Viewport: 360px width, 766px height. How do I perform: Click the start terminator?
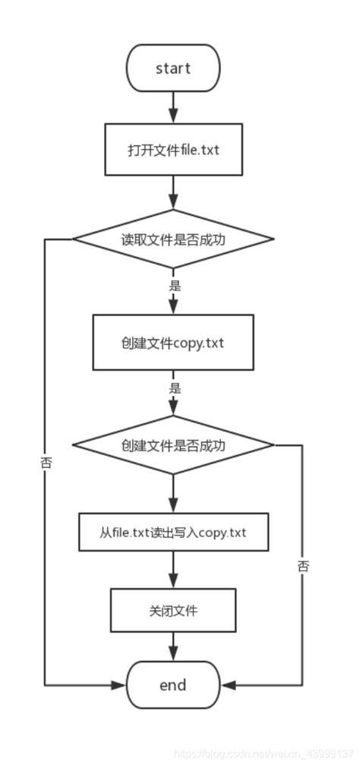pos(173,68)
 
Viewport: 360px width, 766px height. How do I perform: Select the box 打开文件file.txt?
pos(173,149)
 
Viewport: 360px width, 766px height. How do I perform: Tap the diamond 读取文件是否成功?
pos(173,239)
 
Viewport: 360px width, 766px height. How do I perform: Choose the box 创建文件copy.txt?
pos(173,343)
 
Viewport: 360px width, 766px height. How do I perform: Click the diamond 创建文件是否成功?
pos(173,445)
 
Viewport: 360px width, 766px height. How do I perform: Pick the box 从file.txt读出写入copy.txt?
pos(173,532)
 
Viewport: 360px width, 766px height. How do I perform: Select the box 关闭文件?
pos(173,610)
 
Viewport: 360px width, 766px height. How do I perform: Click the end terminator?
pos(173,685)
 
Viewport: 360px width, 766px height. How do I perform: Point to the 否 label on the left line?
pos(46,461)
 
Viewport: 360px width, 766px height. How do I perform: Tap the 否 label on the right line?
pos(303,565)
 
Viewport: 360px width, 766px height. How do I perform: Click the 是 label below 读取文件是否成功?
pos(174,286)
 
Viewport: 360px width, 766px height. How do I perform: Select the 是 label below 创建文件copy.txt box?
pos(174,388)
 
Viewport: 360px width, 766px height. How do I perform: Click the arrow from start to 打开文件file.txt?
pos(173,107)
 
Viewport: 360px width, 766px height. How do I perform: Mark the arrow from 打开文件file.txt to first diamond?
pos(173,193)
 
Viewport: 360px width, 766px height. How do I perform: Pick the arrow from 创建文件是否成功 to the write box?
pos(173,495)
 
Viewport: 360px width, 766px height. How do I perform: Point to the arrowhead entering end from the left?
pos(119,685)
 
